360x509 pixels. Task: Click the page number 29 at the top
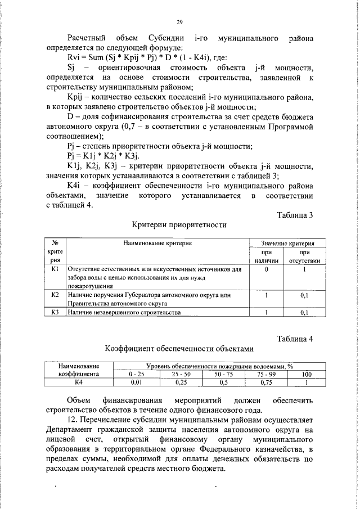tap(180, 22)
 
